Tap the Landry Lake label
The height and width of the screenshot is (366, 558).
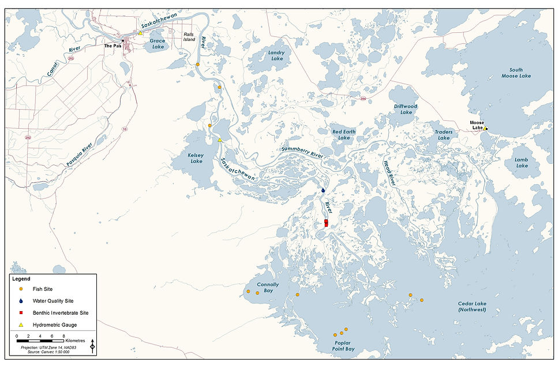[x=276, y=55]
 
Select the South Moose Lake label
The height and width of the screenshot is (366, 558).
[x=516, y=72]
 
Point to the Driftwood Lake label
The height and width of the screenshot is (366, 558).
[x=406, y=109]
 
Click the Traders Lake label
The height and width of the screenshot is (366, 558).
[x=444, y=135]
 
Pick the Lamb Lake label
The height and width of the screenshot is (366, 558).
[x=522, y=162]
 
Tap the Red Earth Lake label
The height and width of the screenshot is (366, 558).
[x=344, y=135]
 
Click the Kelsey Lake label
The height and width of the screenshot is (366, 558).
[x=196, y=158]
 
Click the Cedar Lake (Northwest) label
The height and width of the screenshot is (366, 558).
[x=472, y=307]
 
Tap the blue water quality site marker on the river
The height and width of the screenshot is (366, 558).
[x=323, y=190]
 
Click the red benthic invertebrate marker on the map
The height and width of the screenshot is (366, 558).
[x=326, y=223]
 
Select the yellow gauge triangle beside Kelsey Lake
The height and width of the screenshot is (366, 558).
[x=220, y=140]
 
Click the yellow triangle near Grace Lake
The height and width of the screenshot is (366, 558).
[x=140, y=33]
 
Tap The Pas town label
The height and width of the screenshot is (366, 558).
[x=113, y=46]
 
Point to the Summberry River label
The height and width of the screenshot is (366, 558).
[x=302, y=152]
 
